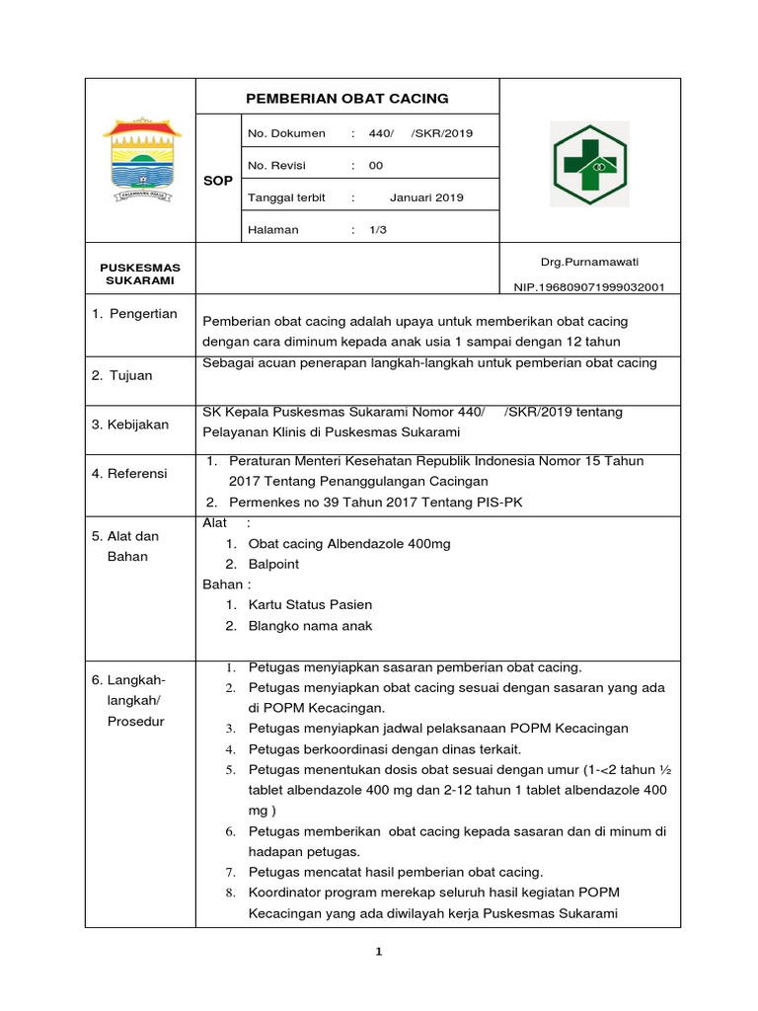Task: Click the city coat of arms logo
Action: pos(142,162)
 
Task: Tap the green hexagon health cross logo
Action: pos(589,164)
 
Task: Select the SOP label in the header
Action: pos(217,181)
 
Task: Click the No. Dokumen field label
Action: pos(284,133)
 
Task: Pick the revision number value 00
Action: pos(376,166)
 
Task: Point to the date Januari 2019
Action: pos(426,197)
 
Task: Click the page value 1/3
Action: pos(377,230)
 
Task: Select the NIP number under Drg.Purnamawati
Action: pos(589,287)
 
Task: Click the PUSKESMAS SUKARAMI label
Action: pos(140,273)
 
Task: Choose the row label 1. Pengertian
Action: pos(134,314)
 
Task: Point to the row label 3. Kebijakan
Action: pos(131,425)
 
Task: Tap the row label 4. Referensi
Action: pos(130,474)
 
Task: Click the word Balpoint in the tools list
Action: pos(273,564)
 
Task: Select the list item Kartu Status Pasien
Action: pos(310,604)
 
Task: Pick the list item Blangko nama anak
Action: pos(310,625)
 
